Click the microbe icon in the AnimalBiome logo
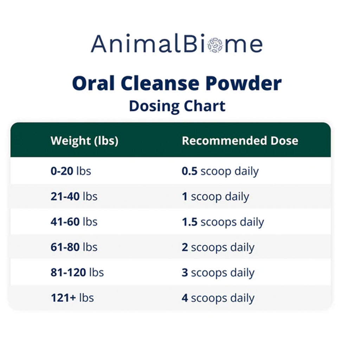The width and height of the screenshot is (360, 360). coord(215,45)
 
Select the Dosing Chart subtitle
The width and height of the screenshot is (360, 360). coord(177,105)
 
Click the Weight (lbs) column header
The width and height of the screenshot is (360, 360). coord(84,141)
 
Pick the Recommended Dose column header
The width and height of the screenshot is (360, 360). coord(240,141)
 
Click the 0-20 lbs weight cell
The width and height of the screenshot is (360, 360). coord(71,171)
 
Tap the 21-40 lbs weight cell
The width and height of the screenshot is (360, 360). coord(74,197)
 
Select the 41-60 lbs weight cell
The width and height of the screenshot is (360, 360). coord(74,222)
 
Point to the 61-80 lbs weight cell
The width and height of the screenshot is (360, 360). coord(74,247)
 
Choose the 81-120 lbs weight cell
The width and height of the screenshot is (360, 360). coord(77,272)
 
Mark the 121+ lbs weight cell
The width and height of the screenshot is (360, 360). coord(72,298)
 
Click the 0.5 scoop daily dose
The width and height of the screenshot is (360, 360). coord(220,171)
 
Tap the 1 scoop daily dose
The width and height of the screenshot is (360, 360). coord(215,197)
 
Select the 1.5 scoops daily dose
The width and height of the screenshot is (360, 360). coord(223,222)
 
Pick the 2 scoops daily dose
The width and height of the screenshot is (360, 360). coord(218,247)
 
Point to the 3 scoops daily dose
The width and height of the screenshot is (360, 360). coord(218,272)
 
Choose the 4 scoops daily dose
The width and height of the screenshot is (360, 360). coord(218,298)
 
